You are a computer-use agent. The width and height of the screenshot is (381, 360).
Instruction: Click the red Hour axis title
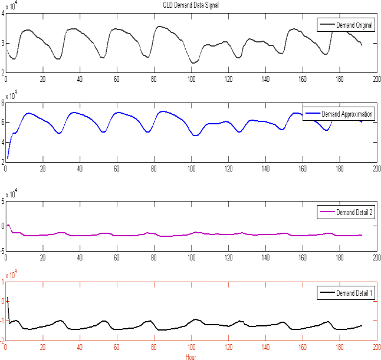(190, 356)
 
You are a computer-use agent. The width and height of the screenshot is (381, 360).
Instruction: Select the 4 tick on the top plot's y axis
(3, 13)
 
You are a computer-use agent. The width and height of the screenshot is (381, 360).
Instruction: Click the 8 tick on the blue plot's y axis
(3, 103)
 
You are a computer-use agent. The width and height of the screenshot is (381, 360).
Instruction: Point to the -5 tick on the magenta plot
(2, 250)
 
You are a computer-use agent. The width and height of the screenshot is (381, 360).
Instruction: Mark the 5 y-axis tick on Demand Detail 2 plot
(3, 201)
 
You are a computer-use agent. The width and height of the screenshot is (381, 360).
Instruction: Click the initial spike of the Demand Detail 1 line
(8, 299)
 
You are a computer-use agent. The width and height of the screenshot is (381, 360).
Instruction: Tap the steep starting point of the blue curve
(8, 157)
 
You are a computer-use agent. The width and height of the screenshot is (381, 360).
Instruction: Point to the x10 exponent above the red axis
(11, 274)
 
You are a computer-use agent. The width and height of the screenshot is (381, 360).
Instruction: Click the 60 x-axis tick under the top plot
(117, 77)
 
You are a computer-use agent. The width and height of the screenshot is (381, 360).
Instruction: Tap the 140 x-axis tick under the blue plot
(265, 167)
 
